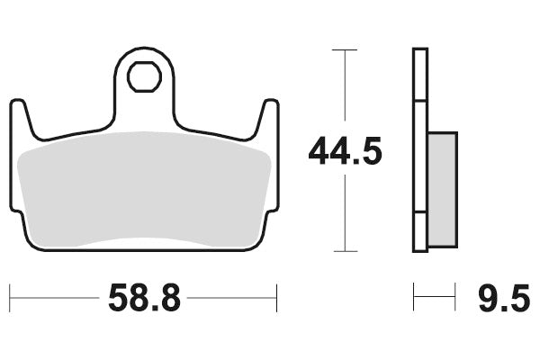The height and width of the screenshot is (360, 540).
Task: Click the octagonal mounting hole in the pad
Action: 142,78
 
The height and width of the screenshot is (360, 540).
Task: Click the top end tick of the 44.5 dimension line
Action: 345,49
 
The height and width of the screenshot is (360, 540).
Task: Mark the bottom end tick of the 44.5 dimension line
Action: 345,251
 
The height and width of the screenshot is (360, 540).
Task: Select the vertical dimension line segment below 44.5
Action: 345,211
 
